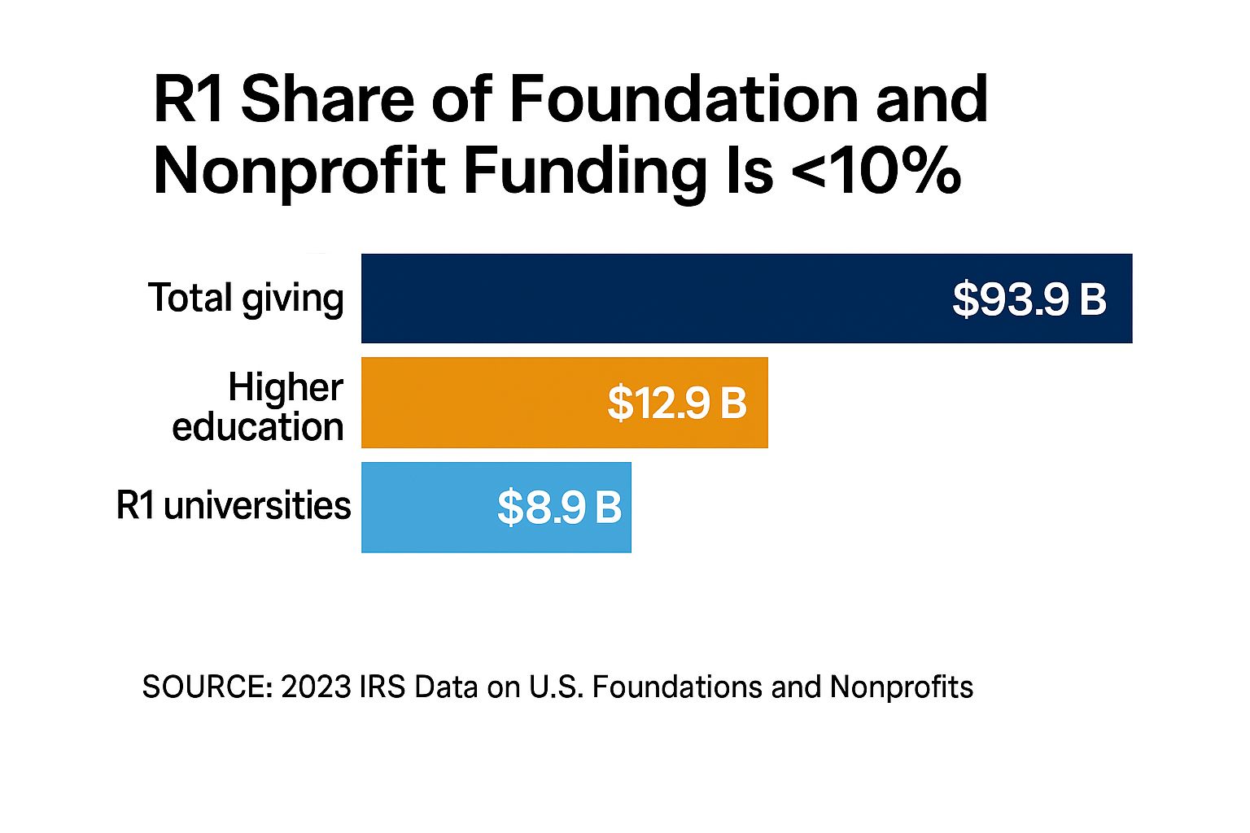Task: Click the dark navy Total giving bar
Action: (x=651, y=299)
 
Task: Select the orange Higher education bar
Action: (x=488, y=403)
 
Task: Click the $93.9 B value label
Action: (x=1029, y=299)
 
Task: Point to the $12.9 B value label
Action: (x=677, y=403)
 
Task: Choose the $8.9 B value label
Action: (x=560, y=508)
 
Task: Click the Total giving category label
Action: (x=246, y=299)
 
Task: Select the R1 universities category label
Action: (x=234, y=505)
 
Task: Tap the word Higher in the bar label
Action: (x=286, y=387)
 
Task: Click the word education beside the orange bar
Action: (x=258, y=427)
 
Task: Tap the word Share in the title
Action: (x=328, y=99)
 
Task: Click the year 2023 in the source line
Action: (x=316, y=687)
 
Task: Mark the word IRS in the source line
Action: (x=382, y=687)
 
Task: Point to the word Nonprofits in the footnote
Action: (x=902, y=687)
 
